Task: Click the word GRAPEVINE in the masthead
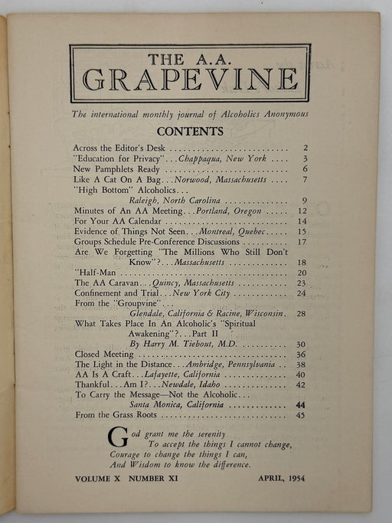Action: pyautogui.click(x=190, y=79)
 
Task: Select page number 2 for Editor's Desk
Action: pyautogui.click(x=305, y=147)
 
